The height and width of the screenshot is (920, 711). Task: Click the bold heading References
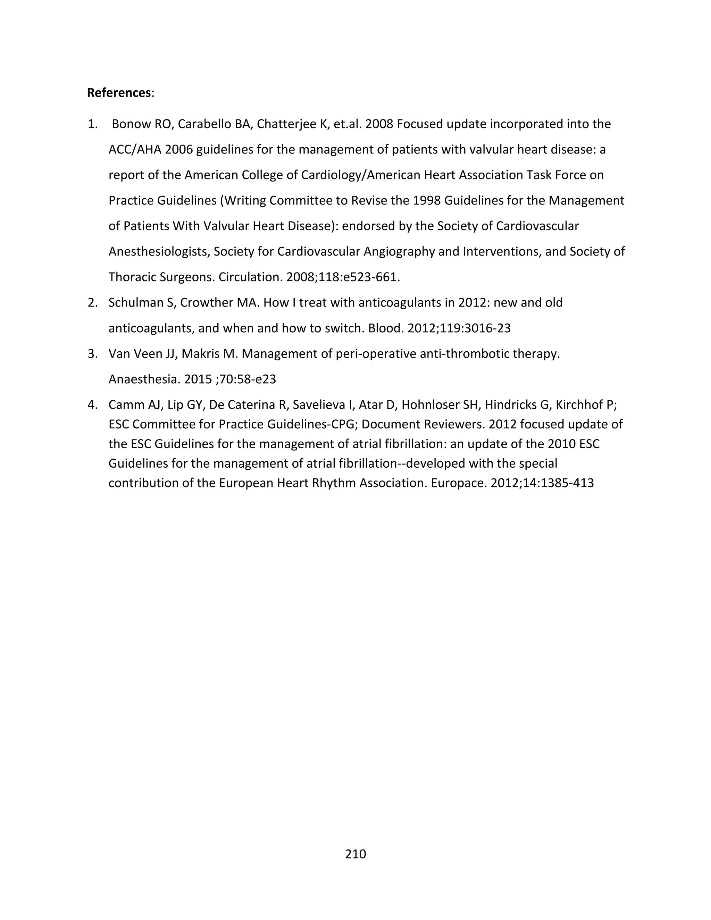coord(119,93)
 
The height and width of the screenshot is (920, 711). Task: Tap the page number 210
coord(355,854)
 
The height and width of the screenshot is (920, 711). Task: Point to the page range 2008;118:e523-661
coord(342,277)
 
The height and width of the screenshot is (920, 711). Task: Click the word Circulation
coord(250,277)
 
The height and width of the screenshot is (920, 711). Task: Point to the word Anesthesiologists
coord(159,252)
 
